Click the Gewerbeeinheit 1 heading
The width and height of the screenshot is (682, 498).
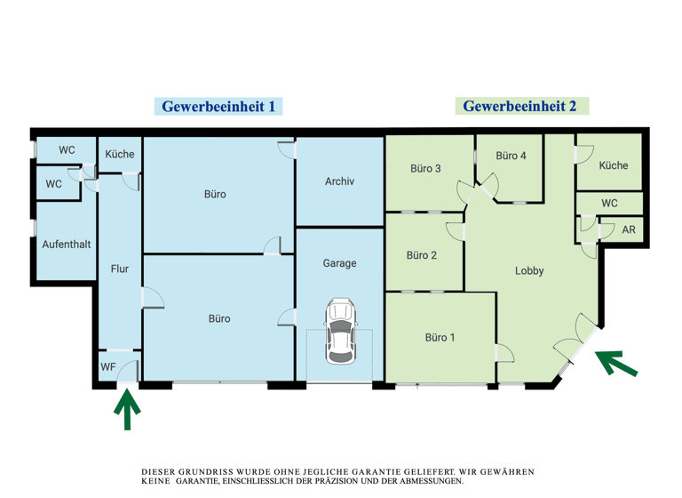(x=219, y=106)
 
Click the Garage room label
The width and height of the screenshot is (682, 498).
(x=339, y=263)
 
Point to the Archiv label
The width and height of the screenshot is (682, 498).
(x=339, y=181)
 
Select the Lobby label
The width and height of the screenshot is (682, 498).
(x=529, y=271)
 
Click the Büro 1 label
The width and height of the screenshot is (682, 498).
(x=440, y=337)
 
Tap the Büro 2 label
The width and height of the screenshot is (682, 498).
(x=422, y=256)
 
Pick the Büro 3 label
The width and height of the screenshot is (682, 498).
(x=425, y=169)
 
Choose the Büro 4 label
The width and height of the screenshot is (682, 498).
(x=511, y=156)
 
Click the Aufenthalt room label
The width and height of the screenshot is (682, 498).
(x=67, y=244)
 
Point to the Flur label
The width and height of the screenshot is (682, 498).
(x=119, y=269)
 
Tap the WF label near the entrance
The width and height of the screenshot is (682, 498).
(x=108, y=366)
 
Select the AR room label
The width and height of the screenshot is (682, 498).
(x=629, y=230)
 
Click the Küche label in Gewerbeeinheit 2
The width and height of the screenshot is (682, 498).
(x=613, y=165)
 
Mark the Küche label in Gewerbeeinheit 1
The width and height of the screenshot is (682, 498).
(x=120, y=154)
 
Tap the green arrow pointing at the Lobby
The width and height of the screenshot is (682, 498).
(x=615, y=363)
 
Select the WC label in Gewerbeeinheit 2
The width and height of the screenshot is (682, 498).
(x=609, y=204)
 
